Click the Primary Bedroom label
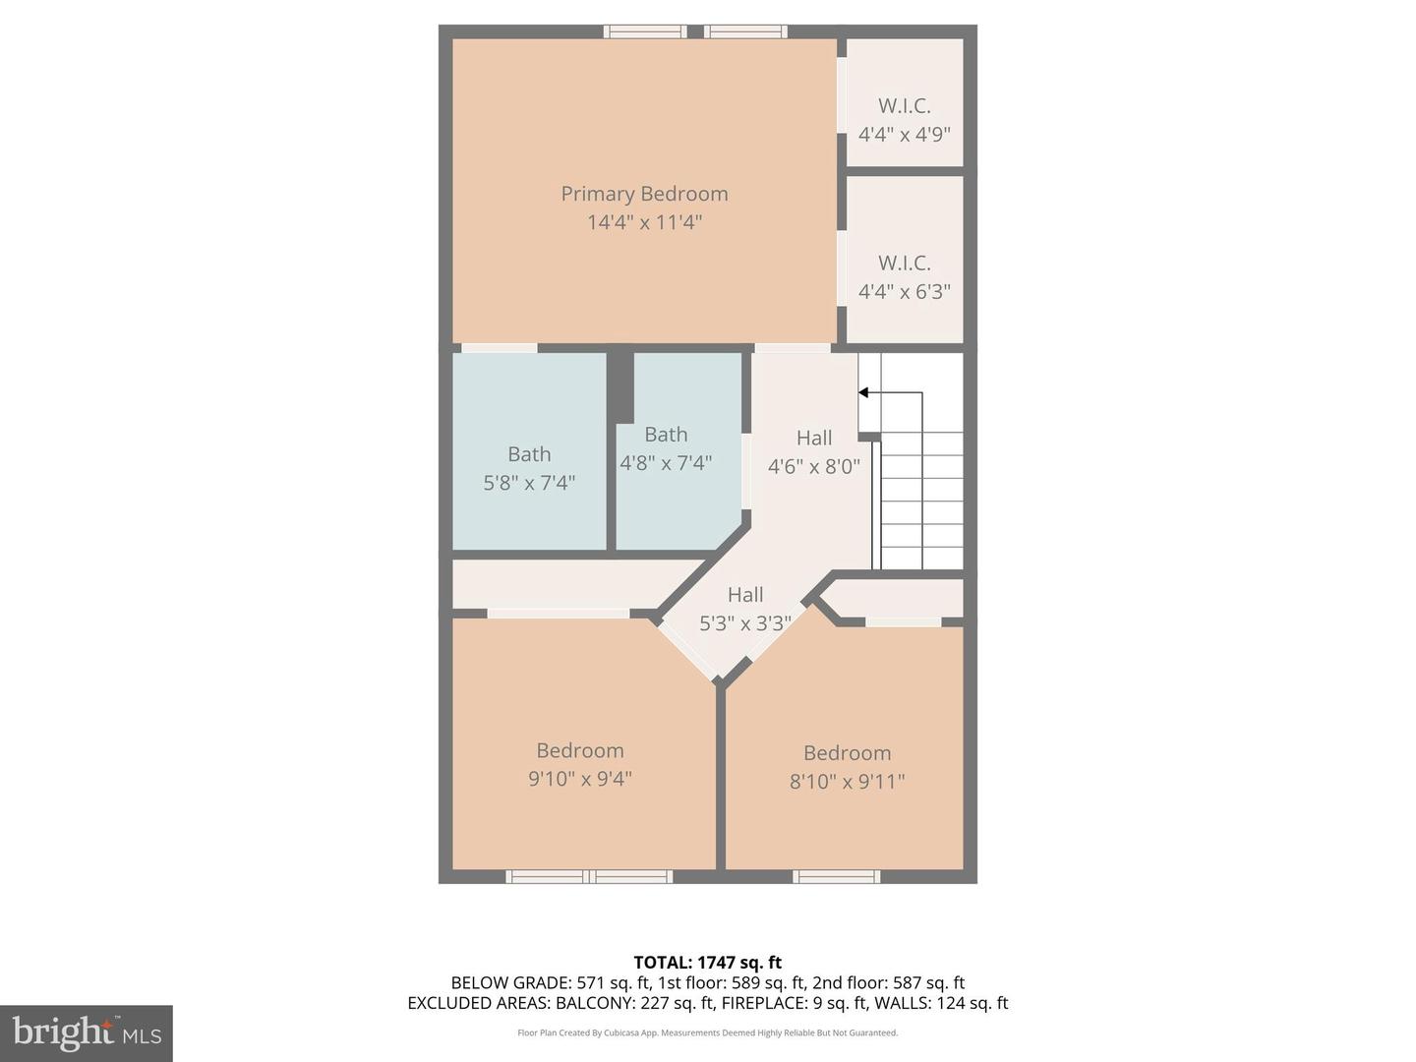point(644,194)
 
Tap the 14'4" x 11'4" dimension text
point(644,222)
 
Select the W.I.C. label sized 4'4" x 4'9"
point(904,105)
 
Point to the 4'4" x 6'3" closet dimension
point(904,291)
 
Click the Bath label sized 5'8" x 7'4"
point(529,454)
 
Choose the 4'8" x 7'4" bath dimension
point(666,462)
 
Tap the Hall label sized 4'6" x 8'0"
point(814,438)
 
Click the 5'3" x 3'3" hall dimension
point(744,622)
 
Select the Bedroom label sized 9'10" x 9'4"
point(580,750)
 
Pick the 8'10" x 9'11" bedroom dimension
point(847,782)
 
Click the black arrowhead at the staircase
point(863,393)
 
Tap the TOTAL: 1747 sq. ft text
point(707,963)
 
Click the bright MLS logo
point(87,1032)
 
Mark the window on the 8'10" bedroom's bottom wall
point(837,876)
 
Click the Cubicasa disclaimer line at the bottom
point(707,1032)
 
